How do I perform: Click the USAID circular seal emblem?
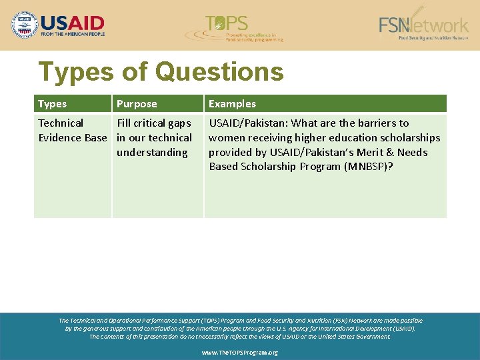[25, 25]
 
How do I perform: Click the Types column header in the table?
[52, 104]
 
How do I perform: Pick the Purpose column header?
[137, 104]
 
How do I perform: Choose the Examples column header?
[232, 104]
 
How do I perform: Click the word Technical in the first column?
[61, 123]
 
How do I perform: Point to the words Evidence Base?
[72, 138]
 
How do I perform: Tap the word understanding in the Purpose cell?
[152, 153]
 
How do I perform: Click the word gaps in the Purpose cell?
[179, 123]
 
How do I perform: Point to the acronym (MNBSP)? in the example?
[369, 167]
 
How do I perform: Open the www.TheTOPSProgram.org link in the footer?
[240, 353]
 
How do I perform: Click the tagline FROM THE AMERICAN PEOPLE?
[73, 33]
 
